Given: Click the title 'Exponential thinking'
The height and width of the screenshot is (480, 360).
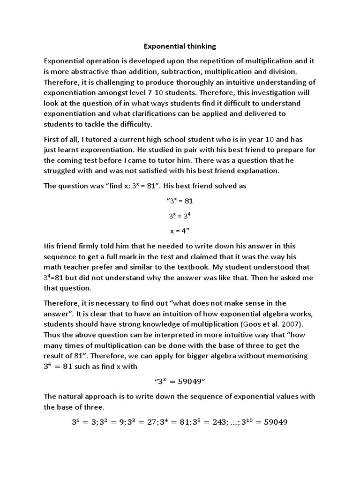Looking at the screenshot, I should click(x=180, y=46).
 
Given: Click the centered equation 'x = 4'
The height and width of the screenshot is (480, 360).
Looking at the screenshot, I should click(x=180, y=231).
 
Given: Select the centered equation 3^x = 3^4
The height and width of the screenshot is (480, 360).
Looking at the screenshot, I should click(x=180, y=216).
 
